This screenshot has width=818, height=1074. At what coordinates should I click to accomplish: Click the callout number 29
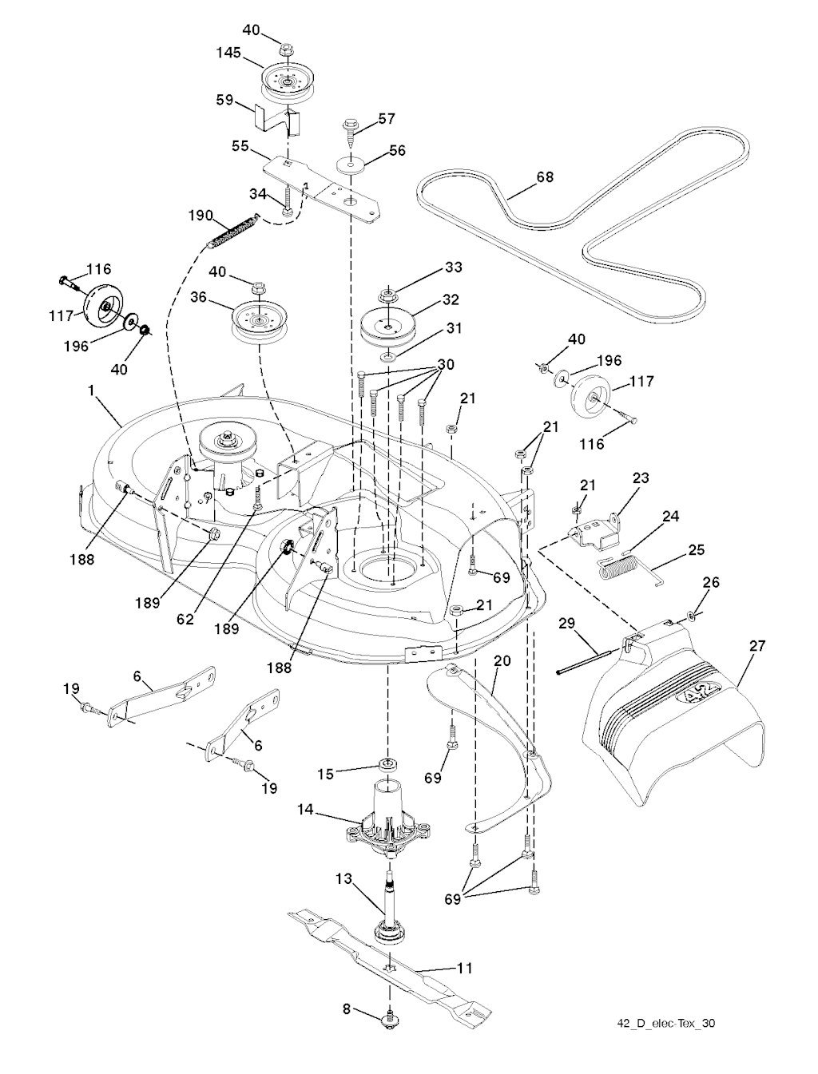(567, 624)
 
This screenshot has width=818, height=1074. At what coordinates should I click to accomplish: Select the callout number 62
(185, 619)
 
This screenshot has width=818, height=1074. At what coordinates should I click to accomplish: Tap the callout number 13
(343, 878)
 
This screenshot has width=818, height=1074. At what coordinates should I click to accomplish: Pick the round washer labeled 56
(350, 165)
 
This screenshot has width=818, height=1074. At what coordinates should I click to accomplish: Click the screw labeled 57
(350, 128)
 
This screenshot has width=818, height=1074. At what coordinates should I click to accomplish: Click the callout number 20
(502, 661)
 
